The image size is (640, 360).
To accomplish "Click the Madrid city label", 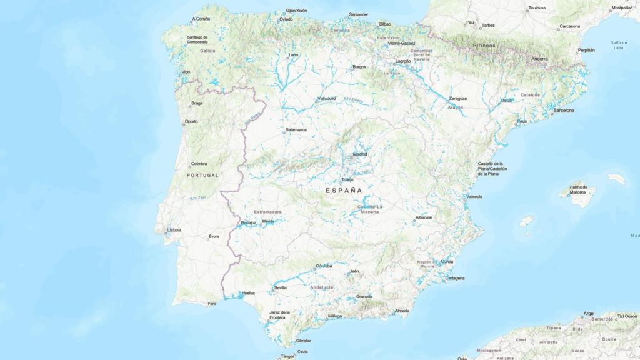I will (360, 154).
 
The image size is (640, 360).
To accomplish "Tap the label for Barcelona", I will (564, 110).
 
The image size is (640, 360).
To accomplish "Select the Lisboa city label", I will (174, 230).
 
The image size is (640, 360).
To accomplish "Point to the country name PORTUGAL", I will (202, 176).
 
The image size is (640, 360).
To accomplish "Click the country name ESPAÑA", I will (344, 189).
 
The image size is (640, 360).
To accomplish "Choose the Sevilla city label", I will (281, 288).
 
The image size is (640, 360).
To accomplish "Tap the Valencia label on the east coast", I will (474, 197).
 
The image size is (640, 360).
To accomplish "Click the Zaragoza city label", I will (458, 98).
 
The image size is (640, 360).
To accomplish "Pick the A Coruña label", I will (201, 19).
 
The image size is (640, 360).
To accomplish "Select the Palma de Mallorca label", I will (578, 191).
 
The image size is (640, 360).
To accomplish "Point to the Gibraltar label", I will (304, 341).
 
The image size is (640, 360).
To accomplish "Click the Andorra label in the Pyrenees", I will (539, 59).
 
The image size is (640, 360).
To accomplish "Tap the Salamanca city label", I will (296, 130).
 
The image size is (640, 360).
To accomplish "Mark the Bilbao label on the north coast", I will (385, 24).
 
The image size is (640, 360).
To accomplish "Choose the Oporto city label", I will (191, 122).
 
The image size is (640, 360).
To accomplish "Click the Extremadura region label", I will (267, 212).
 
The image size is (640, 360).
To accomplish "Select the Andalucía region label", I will (322, 287).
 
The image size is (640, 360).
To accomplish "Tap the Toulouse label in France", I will (537, 8).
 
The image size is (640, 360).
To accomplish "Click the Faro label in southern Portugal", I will (212, 304).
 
